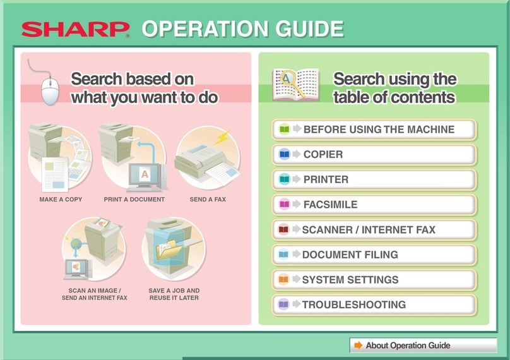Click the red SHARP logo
point(74,30)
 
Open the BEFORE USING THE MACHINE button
point(374,129)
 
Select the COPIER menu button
point(374,154)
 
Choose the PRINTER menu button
point(374,179)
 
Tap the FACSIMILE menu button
point(374,205)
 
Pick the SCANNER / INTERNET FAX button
point(374,230)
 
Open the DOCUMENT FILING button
point(374,255)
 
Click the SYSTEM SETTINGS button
point(374,279)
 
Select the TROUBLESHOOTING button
point(374,304)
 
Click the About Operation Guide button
point(423,345)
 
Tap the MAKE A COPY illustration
point(60,158)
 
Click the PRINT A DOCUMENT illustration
point(134,158)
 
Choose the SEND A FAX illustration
point(208,158)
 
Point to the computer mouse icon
point(50,89)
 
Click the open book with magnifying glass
point(291,84)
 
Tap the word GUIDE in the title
point(305,29)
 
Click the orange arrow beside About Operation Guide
point(359,345)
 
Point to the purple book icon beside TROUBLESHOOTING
point(283,304)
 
